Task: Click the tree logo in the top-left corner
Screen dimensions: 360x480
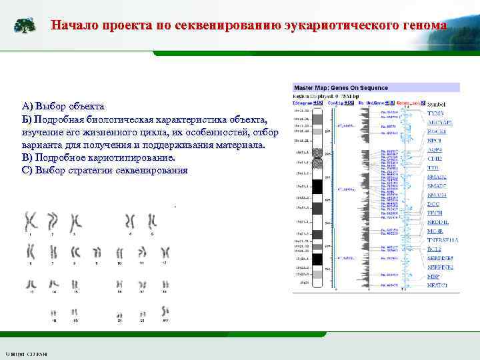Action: pos(25,25)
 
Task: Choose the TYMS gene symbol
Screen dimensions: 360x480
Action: pos(435,114)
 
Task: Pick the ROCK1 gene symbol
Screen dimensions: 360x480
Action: pos(437,131)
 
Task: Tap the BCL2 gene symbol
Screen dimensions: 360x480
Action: pos(435,249)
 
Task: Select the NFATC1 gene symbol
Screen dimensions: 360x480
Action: pos(437,285)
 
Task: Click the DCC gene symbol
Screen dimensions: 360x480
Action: pos(434,203)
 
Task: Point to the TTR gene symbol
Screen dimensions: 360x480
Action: pos(434,167)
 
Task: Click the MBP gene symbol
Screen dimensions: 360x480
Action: pos(433,275)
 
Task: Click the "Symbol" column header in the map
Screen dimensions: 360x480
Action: pos(436,104)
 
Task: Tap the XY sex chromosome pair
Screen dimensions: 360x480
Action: pos(164,312)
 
